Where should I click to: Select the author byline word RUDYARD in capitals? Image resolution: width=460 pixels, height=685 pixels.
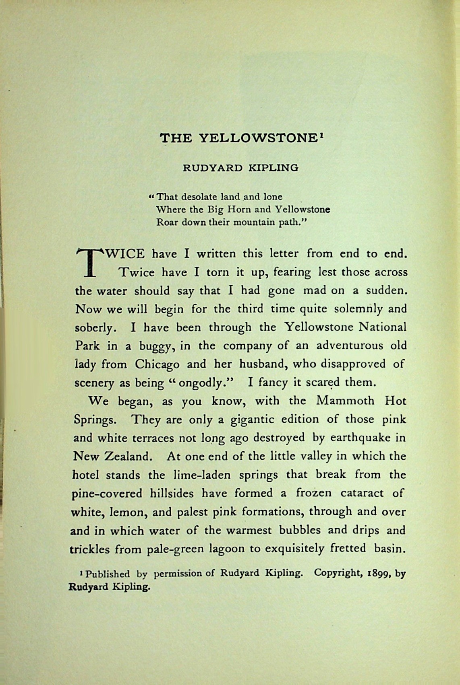(x=212, y=168)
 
